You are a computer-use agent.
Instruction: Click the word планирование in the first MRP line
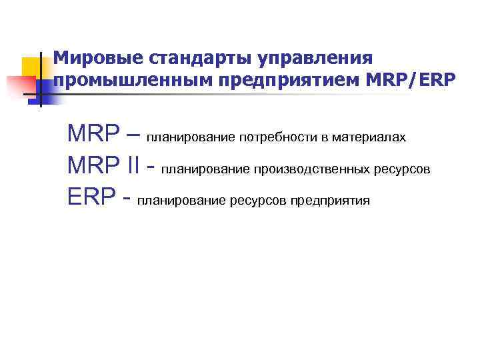point(191,137)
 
